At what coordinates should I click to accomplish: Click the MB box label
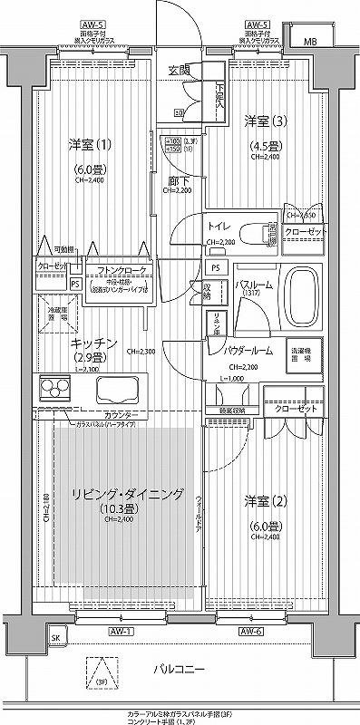coord(311,42)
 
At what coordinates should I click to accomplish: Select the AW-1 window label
coord(122,631)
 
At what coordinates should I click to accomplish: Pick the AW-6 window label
coord(251,631)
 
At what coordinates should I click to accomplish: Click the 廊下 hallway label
coord(176,180)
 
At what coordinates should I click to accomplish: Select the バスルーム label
coord(251,284)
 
